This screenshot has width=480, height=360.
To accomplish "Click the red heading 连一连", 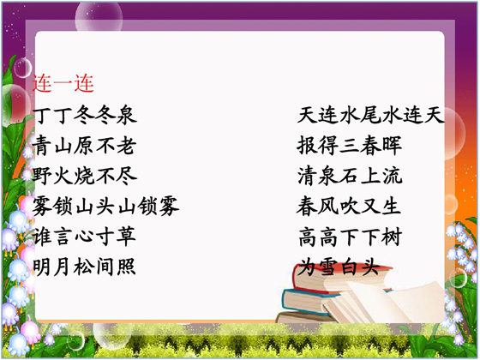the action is coord(63,83).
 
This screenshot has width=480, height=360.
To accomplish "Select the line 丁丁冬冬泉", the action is coord(85,115).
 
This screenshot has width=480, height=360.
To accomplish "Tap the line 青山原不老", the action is coord(84,146).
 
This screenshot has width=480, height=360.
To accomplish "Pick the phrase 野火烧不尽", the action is coord(85,176).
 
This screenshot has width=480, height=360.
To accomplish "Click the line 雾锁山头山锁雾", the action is coord(105,206).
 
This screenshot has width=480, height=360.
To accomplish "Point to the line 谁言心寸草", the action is coord(84,237).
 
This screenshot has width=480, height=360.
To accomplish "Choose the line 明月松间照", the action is coord(84,267).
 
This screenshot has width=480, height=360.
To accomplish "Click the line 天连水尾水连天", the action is coord(370,115).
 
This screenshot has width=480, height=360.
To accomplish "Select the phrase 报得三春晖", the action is coord(350,146).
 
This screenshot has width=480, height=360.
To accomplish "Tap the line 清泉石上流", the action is coord(350,176).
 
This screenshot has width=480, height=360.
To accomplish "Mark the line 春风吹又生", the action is coord(349,206).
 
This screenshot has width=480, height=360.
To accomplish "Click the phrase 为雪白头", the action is coord(339,267).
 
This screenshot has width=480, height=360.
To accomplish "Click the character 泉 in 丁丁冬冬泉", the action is coord(127,115).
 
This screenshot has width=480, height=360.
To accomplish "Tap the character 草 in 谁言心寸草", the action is coord(126,237).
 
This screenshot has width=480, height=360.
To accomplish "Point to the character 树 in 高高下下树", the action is coord(392,237).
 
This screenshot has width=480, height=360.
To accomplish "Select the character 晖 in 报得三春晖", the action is coord(392,146).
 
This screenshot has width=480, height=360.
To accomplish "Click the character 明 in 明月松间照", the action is coord(42,267).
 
